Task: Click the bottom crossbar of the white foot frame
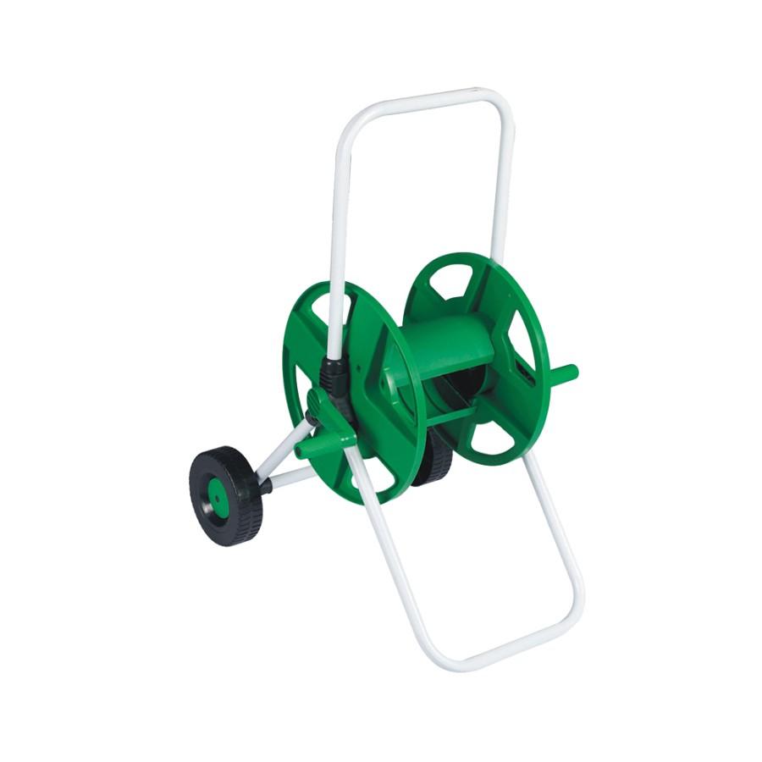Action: (500, 647)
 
